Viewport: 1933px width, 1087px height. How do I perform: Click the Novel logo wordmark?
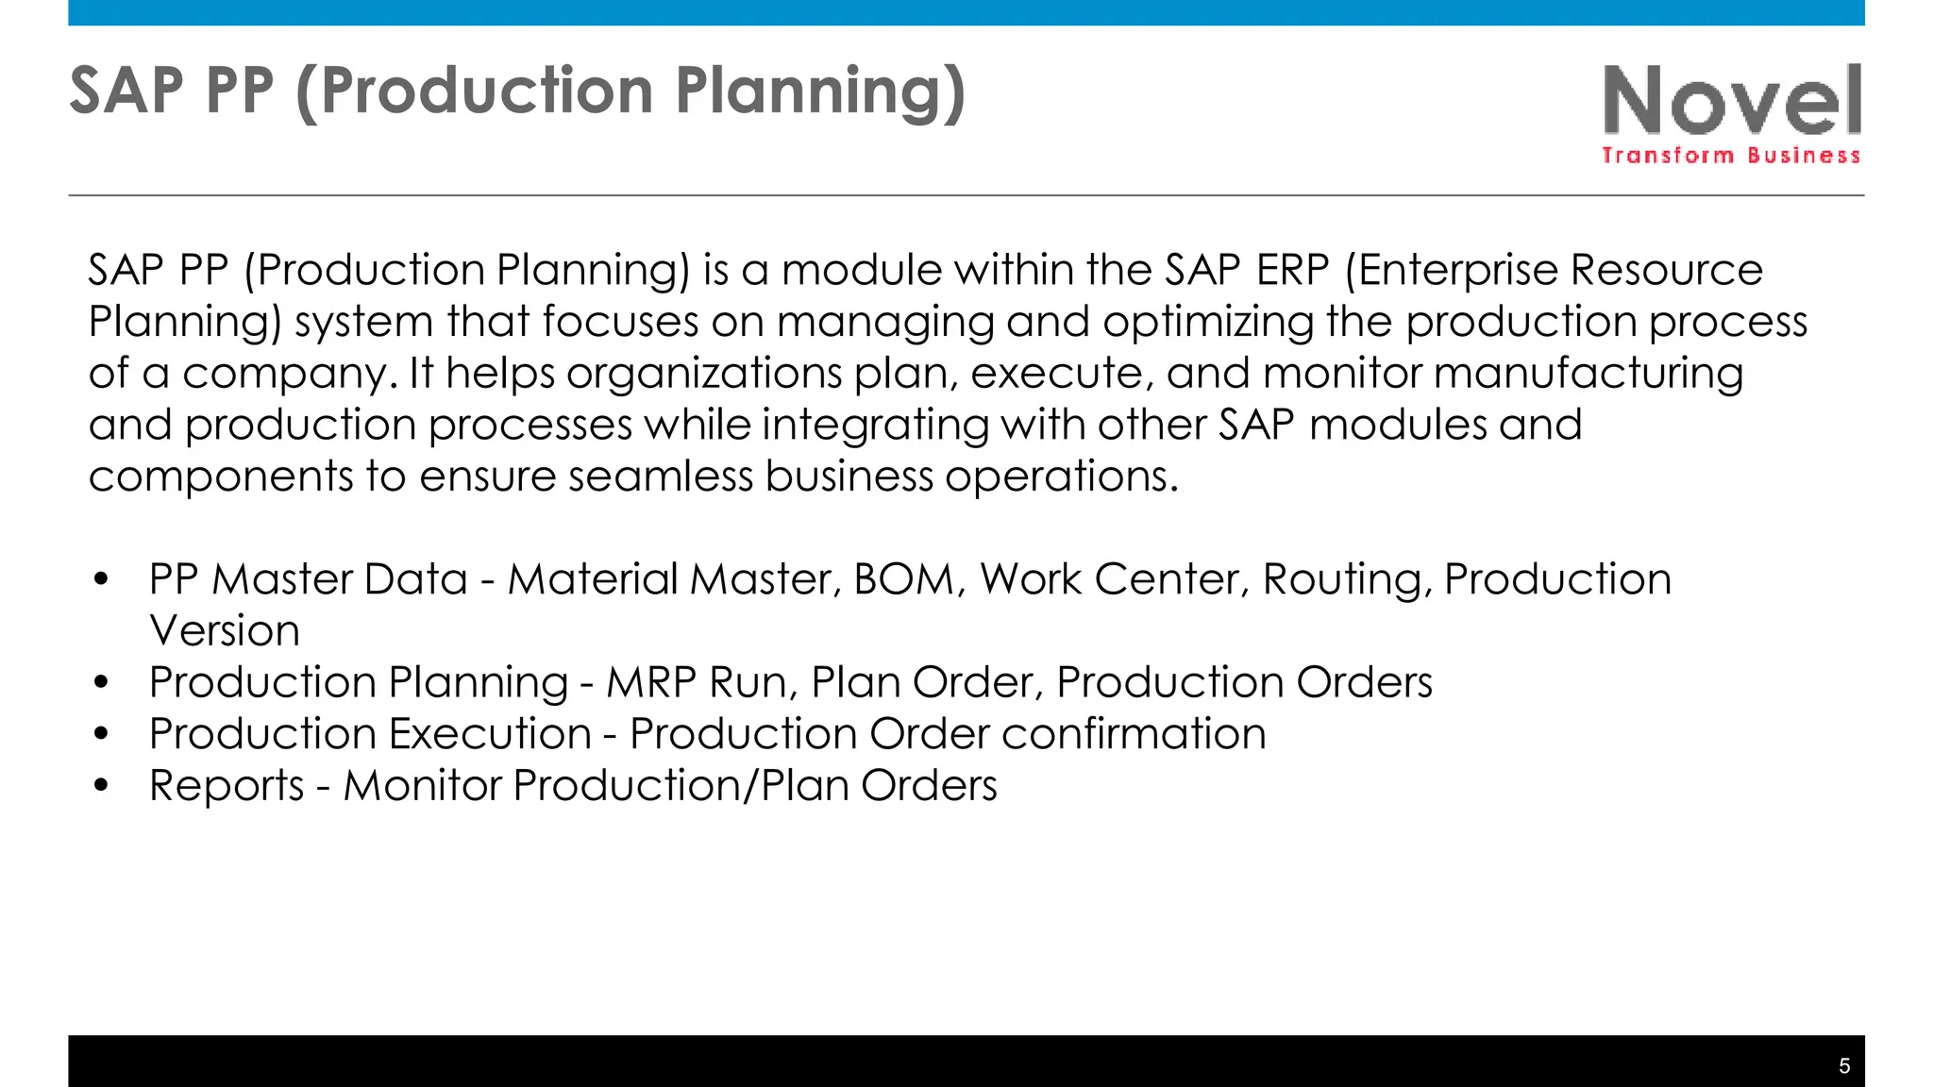(1732, 100)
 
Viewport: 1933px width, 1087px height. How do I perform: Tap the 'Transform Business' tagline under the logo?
(1730, 156)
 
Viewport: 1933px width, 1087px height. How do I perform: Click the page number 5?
(1844, 1066)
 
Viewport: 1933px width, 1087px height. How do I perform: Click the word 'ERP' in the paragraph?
(1292, 271)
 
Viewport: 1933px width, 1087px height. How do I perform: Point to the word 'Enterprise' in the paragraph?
(1457, 271)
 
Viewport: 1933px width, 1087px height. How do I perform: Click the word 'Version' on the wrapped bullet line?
(225, 631)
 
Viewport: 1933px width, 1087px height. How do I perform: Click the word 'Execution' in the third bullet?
(490, 734)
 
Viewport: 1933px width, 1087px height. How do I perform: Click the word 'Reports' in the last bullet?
(227, 786)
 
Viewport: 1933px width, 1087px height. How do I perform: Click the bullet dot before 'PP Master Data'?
(102, 579)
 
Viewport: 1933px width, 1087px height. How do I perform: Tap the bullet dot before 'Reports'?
(102, 785)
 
